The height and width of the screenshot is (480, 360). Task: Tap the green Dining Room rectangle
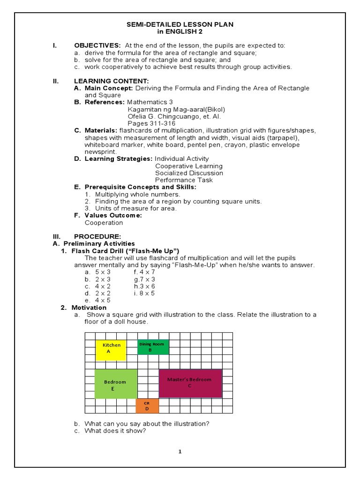point(152,347)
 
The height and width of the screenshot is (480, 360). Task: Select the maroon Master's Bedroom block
point(190,382)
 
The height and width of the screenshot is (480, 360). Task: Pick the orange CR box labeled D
point(147,406)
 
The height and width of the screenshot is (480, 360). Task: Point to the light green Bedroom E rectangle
point(116,384)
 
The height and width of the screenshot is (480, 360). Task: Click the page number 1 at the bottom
point(180,451)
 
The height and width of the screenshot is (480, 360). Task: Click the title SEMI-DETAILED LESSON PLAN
point(180,24)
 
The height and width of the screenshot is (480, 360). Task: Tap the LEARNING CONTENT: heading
point(111,81)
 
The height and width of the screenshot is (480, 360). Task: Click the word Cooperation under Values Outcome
point(104,223)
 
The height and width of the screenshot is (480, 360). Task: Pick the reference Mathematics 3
point(150,102)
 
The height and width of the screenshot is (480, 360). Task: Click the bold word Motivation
point(89,307)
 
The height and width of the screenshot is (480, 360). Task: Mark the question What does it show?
point(115,431)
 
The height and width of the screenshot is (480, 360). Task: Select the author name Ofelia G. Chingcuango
point(168,116)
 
